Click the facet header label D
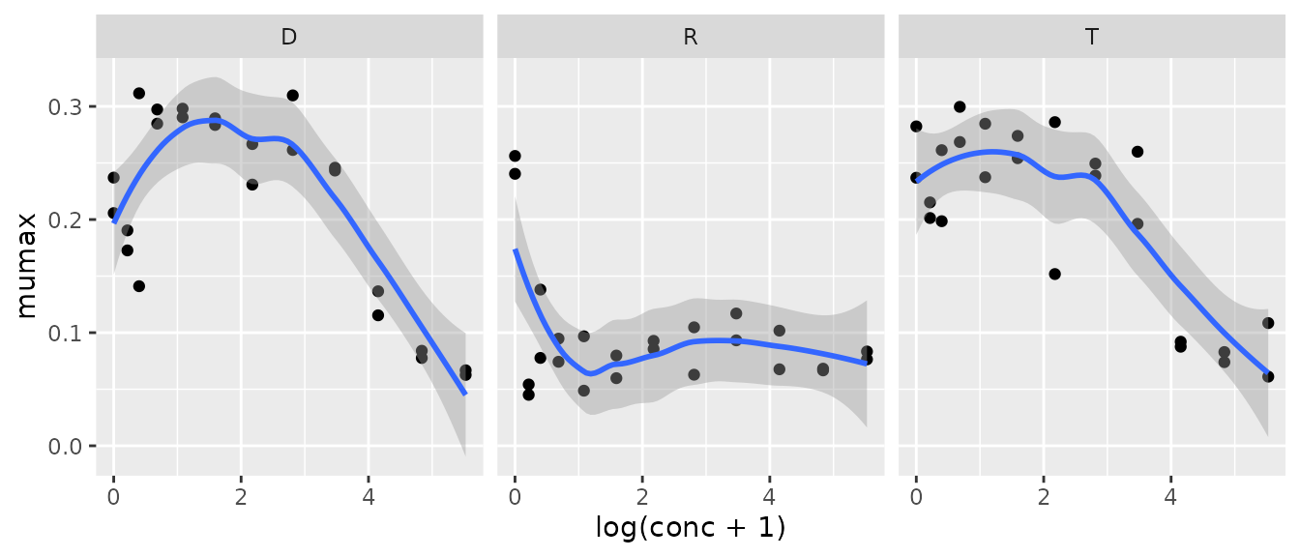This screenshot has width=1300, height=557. pos(288,38)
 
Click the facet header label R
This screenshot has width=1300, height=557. pos(690,38)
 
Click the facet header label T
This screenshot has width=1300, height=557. pos(1091,38)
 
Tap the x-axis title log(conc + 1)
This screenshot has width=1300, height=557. pos(690,528)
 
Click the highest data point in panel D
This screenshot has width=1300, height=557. pos(138,93)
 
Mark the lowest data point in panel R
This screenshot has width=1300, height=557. pos(528,395)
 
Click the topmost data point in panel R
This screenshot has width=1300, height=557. pos(515,156)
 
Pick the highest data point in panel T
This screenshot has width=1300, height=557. pos(960,106)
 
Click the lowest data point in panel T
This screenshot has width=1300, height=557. pos(1268,376)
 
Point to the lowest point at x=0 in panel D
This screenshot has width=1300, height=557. pos(113,213)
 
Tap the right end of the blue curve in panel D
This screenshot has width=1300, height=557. pos(465,394)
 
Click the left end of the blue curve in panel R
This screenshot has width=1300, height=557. pos(515,249)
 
